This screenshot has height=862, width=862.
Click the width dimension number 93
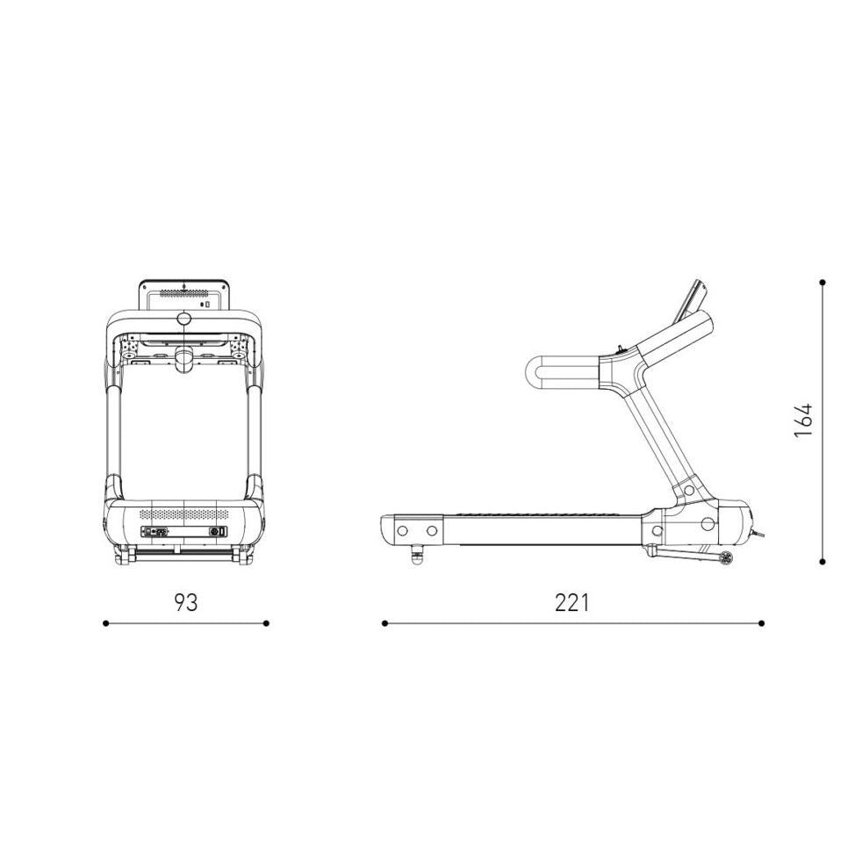coord(186,602)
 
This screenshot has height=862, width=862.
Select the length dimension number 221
coord(571,602)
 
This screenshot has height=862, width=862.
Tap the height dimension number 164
coord(803,420)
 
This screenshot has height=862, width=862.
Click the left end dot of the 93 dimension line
coord(105,623)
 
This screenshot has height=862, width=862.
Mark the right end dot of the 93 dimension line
coord(266,623)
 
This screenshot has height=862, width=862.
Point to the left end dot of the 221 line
coord(384,623)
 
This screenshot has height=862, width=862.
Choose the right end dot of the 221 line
coord(761,623)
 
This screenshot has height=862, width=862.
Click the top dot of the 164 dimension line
coord(822,283)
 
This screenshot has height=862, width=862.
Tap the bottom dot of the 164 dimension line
coord(822,561)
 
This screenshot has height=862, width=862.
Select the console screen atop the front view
coord(183,296)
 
